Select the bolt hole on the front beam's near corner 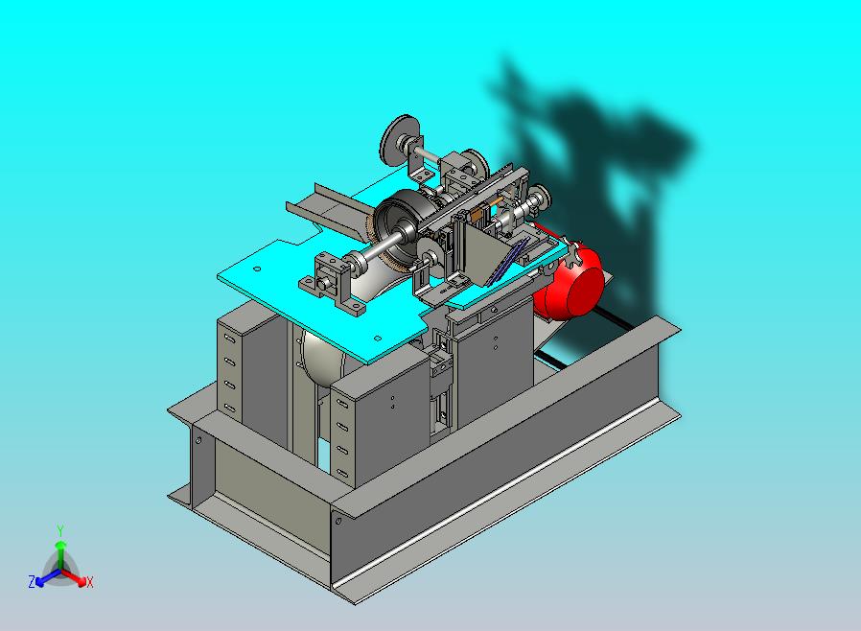(x=337, y=521)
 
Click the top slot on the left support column (x=229, y=339)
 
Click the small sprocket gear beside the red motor (x=574, y=255)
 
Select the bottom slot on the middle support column (x=341, y=470)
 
